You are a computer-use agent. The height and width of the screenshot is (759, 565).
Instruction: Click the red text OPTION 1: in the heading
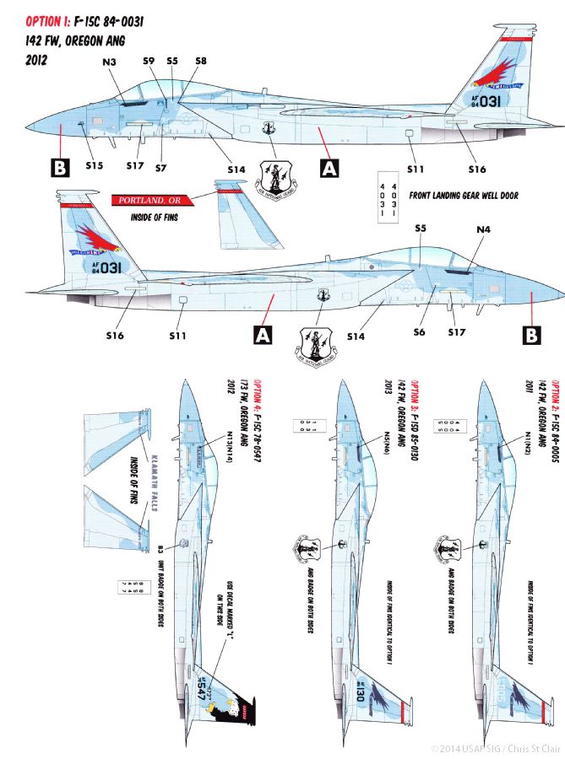34,21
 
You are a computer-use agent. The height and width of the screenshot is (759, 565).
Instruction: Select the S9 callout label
149,61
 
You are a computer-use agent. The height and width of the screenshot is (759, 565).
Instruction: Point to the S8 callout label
201,61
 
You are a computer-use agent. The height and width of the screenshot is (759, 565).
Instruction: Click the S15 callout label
94,165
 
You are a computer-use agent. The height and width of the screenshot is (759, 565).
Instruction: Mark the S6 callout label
419,332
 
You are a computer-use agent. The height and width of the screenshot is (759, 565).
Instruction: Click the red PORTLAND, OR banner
151,202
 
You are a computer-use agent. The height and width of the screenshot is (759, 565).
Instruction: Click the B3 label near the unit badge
160,549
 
